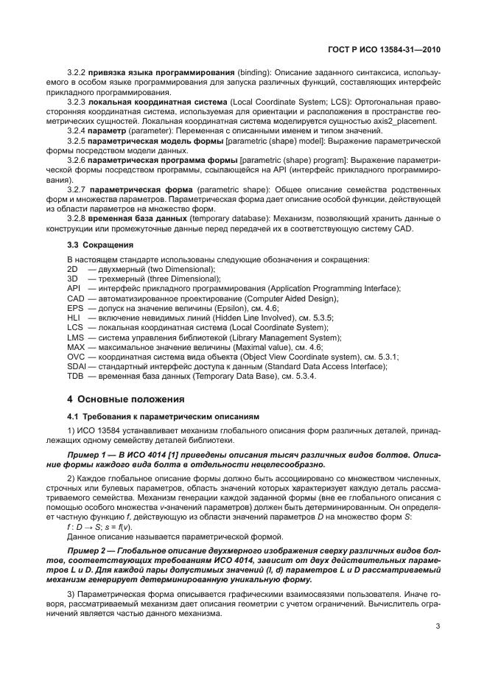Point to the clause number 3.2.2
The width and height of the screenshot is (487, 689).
click(77, 74)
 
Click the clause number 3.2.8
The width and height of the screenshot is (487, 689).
click(77, 219)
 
